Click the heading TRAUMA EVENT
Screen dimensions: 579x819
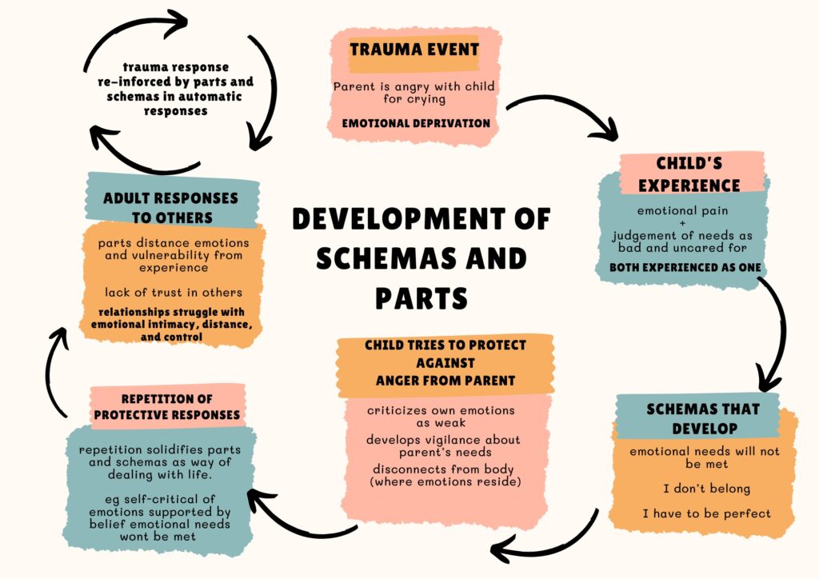click(x=413, y=50)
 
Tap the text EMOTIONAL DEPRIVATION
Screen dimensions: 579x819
click(x=416, y=123)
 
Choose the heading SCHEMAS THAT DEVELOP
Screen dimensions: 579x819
click(x=693, y=418)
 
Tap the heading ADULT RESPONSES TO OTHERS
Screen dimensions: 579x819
click(x=170, y=207)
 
